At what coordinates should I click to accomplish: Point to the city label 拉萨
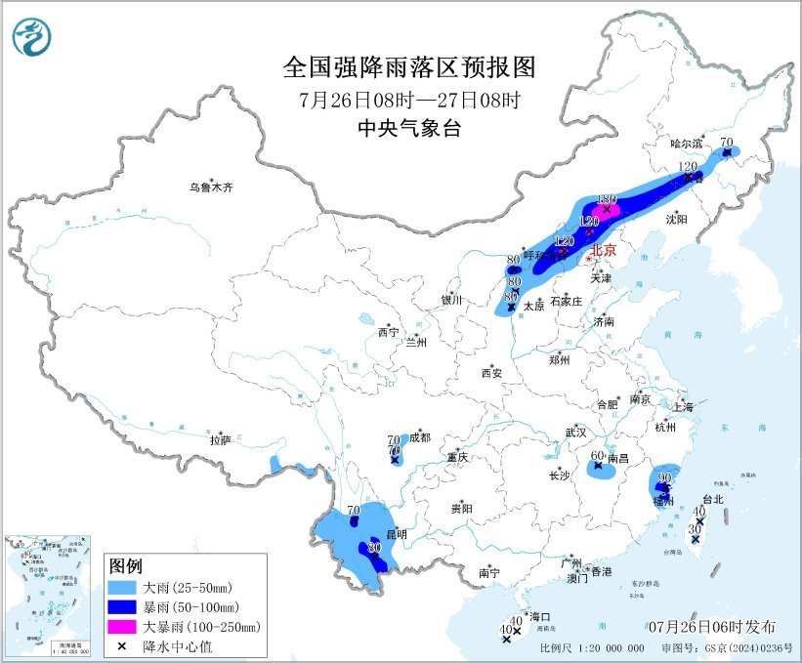coord(220,440)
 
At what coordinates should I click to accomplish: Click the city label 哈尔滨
coord(687,144)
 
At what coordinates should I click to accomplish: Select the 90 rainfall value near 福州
coord(664,477)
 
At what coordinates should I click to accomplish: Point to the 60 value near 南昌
coord(598,455)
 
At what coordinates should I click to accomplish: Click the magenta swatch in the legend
coord(123,626)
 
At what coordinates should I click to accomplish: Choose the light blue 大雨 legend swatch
coord(123,588)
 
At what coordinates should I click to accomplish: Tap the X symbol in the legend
coord(122,645)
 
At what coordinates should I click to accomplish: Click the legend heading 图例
coord(126,566)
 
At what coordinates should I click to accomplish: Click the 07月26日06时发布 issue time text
coord(711,626)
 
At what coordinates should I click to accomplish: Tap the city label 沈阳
coord(677,219)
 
